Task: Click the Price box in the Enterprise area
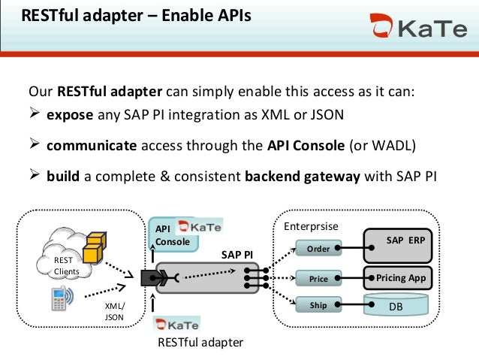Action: point(318,278)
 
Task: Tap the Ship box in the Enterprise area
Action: point(318,305)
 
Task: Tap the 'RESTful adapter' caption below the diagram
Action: point(200,343)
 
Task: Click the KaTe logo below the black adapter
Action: point(177,325)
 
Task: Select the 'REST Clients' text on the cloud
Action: point(64,266)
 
